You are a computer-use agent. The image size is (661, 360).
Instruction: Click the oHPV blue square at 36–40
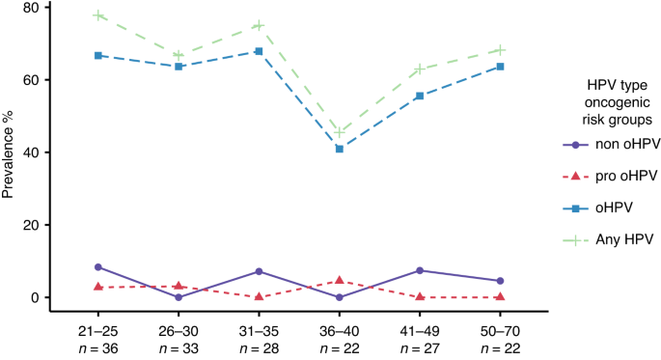[x=340, y=149]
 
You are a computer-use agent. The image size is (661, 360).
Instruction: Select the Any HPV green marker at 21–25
[x=98, y=15]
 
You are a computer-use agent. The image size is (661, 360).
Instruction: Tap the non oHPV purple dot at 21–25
[x=98, y=267]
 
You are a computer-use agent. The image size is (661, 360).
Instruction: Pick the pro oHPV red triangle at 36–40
[x=340, y=281]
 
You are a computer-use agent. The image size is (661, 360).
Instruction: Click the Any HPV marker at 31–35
[x=260, y=25]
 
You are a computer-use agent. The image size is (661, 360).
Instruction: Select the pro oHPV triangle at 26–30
[x=179, y=286]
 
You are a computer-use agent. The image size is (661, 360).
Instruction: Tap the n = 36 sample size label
[x=98, y=345]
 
